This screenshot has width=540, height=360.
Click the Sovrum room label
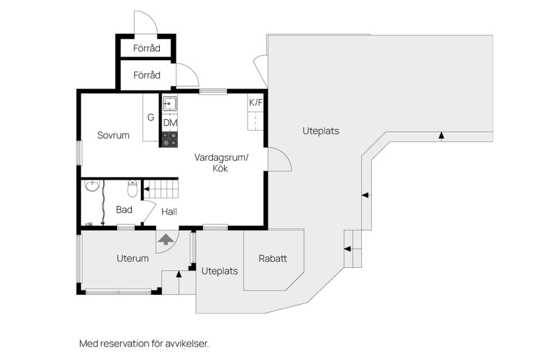click(x=113, y=136)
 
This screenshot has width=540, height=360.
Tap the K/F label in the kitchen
click(x=256, y=102)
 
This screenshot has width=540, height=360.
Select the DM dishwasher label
click(x=170, y=122)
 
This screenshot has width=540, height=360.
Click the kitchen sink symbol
click(x=170, y=103)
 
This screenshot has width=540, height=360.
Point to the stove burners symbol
click(x=170, y=139)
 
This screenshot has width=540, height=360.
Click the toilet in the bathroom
click(x=133, y=188)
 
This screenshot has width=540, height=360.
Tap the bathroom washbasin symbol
click(x=92, y=186)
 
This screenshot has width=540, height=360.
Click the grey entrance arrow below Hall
click(x=165, y=240)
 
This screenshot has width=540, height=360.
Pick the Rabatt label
click(x=273, y=259)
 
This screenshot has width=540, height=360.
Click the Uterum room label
click(x=133, y=259)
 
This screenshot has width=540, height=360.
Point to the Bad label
click(x=124, y=210)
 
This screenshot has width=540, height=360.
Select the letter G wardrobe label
click(x=151, y=118)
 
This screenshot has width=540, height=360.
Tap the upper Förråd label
click(x=147, y=48)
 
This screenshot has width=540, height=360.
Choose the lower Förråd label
click(x=147, y=75)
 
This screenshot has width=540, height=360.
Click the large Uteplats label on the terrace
click(x=321, y=131)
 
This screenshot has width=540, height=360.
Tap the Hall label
click(x=169, y=212)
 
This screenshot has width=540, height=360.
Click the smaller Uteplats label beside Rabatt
click(x=219, y=271)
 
